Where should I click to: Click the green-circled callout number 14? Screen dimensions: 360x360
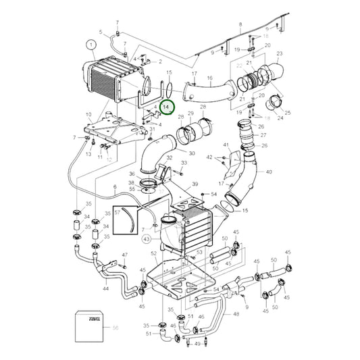tap(167, 107)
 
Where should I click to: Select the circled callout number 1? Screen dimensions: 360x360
tap(91, 46)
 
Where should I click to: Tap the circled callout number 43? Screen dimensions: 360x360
tap(147, 238)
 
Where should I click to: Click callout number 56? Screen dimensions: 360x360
tap(115, 327)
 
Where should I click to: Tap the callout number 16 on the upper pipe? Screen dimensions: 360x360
tap(209, 78)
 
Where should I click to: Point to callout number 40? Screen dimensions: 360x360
tap(269, 172)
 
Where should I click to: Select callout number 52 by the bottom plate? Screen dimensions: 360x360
tap(154, 253)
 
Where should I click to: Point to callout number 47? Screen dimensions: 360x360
tap(125, 255)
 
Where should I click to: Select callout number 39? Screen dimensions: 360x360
tap(195, 184)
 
